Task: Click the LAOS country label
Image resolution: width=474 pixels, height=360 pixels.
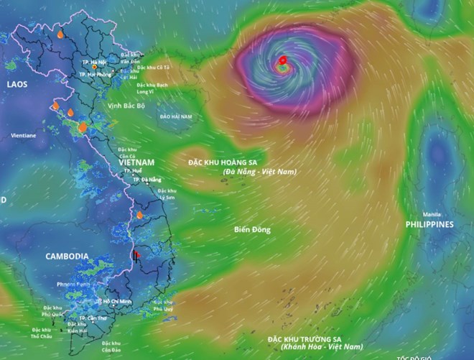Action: [x=17, y=84]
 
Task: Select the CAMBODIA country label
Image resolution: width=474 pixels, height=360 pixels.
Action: [x=67, y=256]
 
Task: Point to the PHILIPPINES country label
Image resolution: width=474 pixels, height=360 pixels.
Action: [x=430, y=224]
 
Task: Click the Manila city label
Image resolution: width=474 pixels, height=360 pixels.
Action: [x=432, y=214]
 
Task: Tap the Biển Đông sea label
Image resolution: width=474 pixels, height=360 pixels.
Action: [x=251, y=229]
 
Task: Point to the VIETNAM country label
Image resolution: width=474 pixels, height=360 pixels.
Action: [x=139, y=162]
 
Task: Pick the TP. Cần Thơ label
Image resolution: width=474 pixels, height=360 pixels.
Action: [x=93, y=318]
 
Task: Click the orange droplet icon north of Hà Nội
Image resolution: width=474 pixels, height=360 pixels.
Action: [x=60, y=34]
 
